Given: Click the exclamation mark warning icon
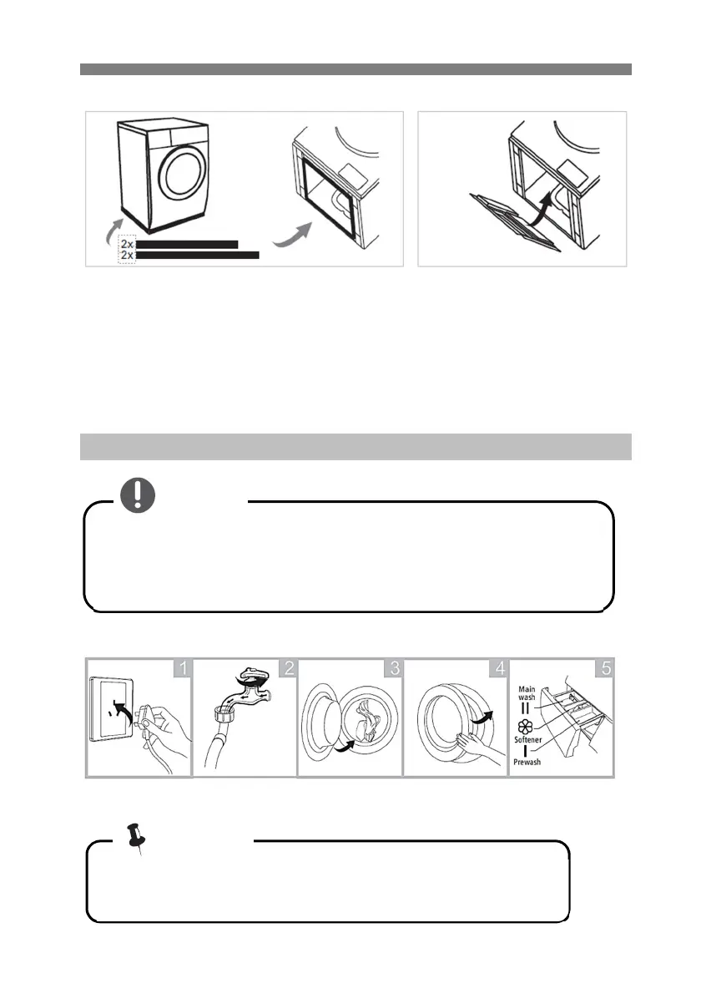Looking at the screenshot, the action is (138, 495).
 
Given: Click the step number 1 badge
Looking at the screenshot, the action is (183, 668).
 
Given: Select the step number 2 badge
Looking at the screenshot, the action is (288, 668).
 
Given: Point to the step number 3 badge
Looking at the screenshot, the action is (394, 668).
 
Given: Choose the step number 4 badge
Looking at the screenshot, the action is (500, 668).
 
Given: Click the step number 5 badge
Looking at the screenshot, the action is (605, 668).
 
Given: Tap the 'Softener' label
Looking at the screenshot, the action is (527, 740).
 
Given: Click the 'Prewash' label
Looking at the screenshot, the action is (527, 762).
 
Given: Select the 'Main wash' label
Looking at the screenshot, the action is (527, 693).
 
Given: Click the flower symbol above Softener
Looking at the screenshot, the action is (525, 727).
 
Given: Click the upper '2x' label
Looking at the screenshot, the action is (128, 244).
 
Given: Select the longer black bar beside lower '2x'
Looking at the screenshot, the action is (198, 255).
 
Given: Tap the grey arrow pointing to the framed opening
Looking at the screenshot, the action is (293, 235).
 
